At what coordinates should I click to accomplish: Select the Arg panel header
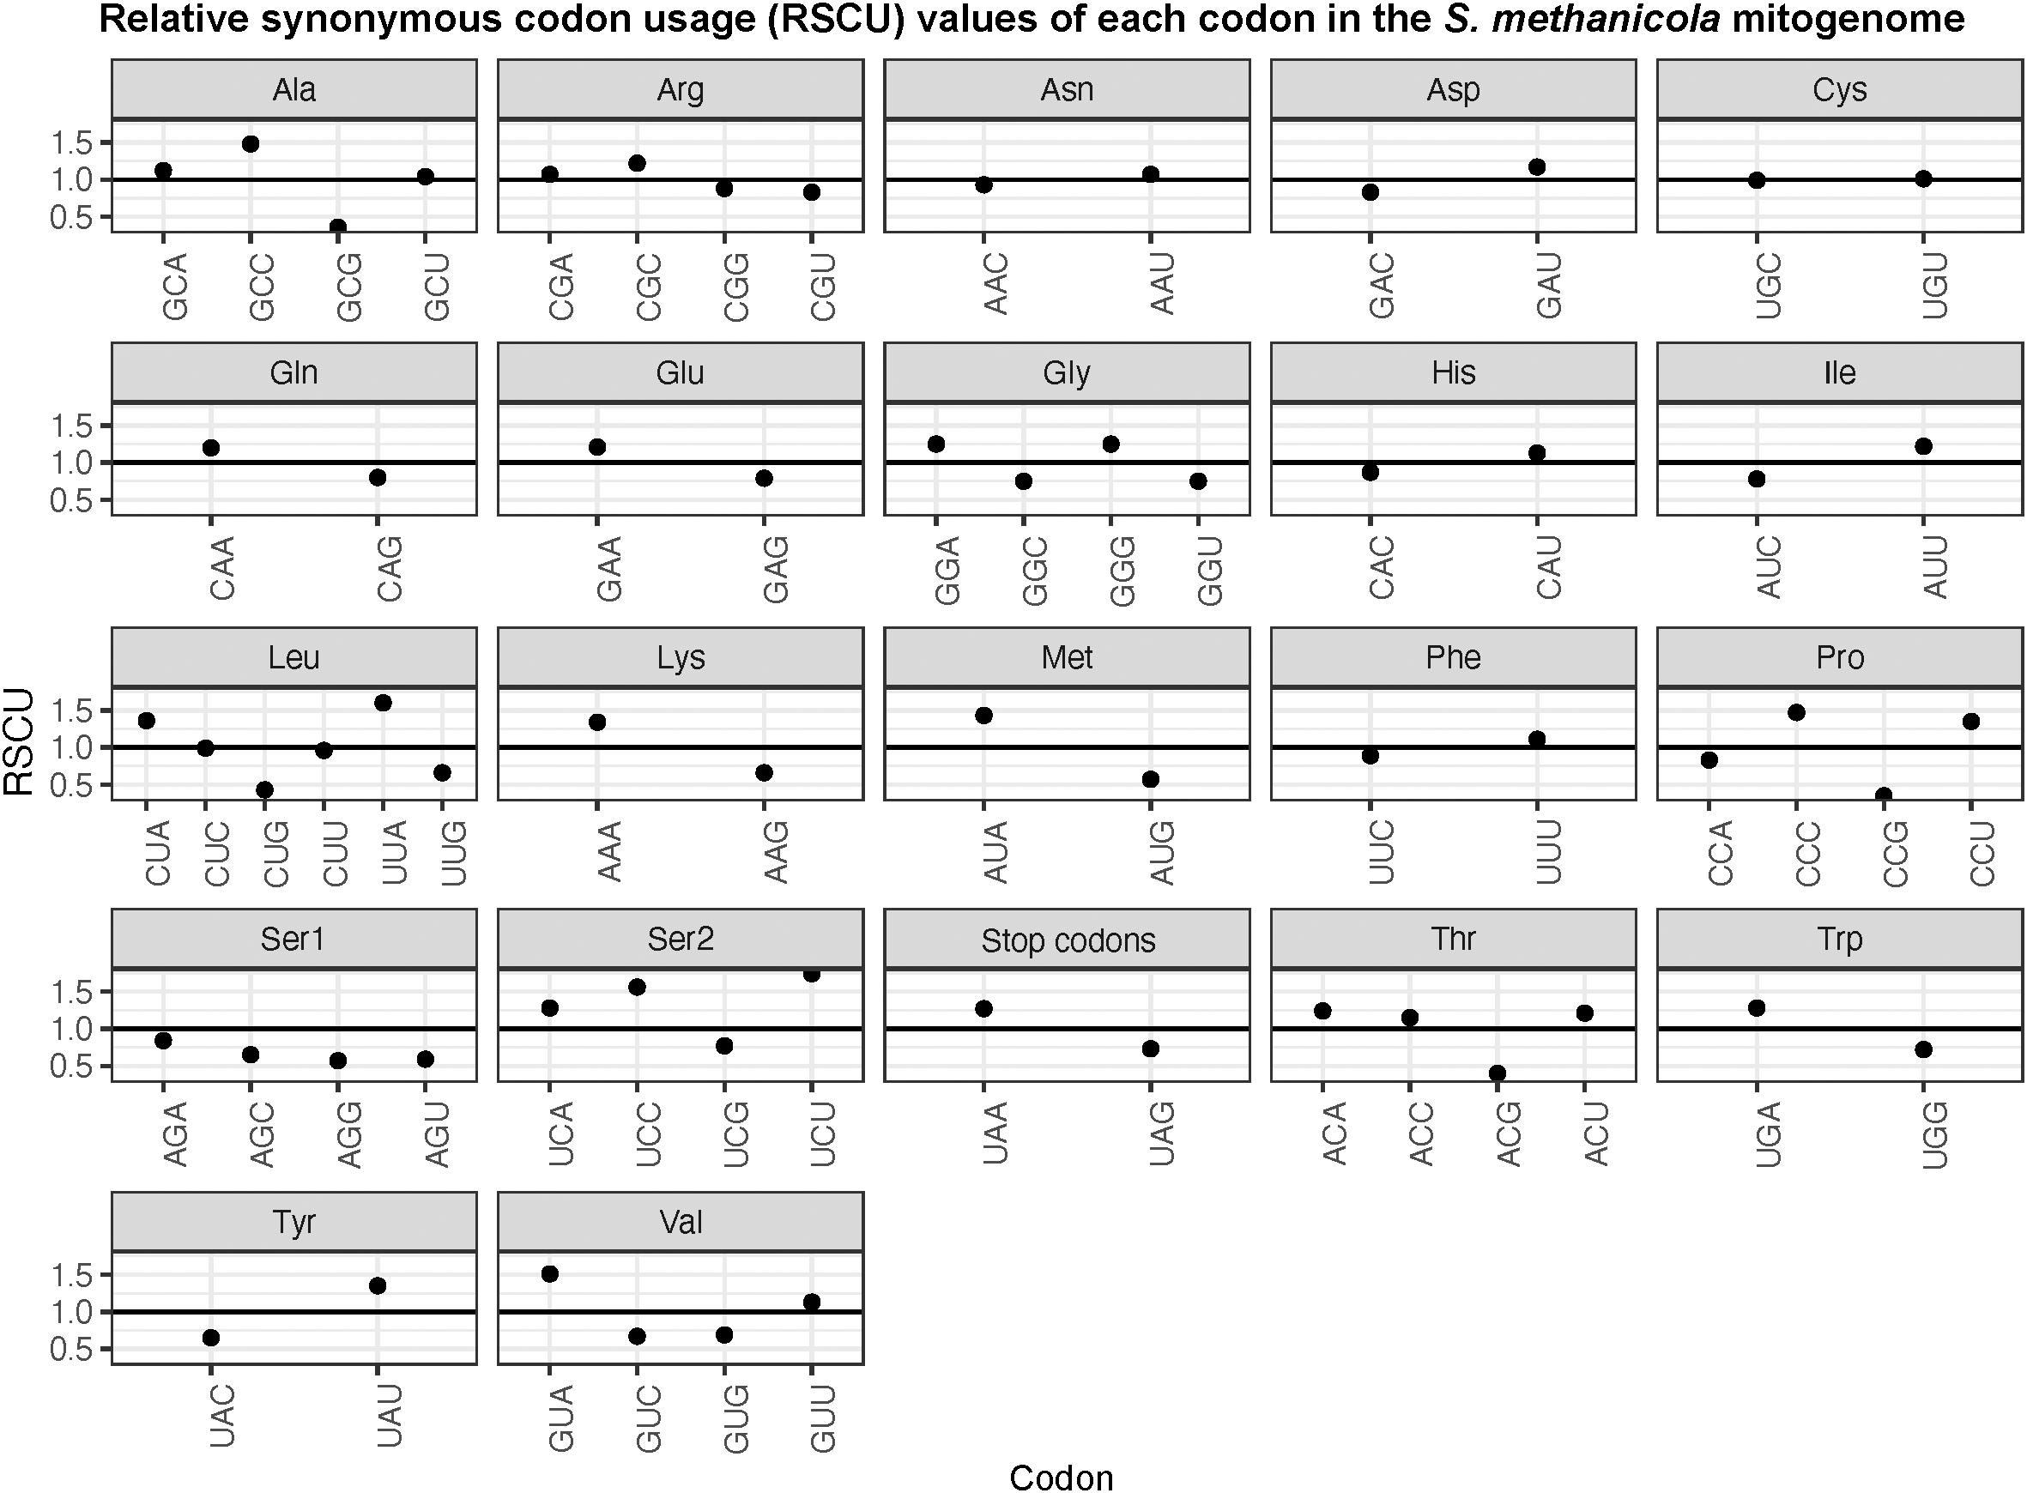[681, 89]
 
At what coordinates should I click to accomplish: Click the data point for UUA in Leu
[382, 703]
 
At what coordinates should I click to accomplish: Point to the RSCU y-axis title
[20, 742]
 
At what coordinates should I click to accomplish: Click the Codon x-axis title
[1061, 1478]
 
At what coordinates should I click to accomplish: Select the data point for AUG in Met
[1151, 780]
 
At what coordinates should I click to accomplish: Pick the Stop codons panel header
[1068, 940]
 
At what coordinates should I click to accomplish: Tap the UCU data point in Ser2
[812, 974]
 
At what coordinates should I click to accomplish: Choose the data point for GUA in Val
[549, 1274]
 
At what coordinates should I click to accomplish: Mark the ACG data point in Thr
[1498, 1073]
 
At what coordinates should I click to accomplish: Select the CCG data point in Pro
[1885, 796]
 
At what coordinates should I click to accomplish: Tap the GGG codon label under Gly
[1122, 571]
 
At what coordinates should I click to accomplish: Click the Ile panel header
[1839, 373]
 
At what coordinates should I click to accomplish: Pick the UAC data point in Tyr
[210, 1338]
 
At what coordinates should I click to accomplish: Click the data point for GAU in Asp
[1537, 167]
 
